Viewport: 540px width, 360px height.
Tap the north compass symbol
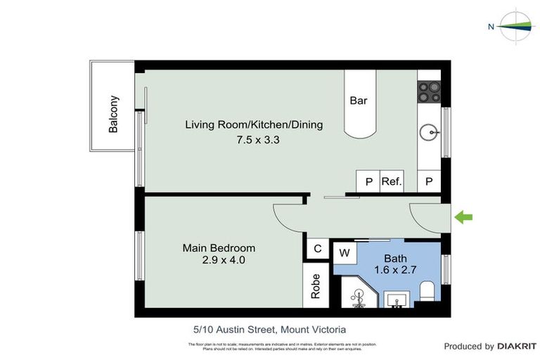coord(516,27)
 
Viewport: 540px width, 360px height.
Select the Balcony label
coord(113,114)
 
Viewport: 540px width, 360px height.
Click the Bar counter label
coord(358,101)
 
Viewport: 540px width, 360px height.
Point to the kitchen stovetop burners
coord(429,91)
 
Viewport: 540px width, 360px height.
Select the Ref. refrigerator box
coord(392,181)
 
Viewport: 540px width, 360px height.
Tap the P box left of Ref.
coord(368,181)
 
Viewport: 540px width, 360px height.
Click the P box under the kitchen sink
coord(429,181)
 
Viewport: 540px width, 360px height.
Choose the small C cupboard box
coord(317,248)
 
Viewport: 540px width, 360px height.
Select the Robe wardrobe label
coord(316,285)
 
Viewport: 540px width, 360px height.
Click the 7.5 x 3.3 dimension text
coord(258,140)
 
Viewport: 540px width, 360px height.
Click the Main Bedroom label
coord(219,248)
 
